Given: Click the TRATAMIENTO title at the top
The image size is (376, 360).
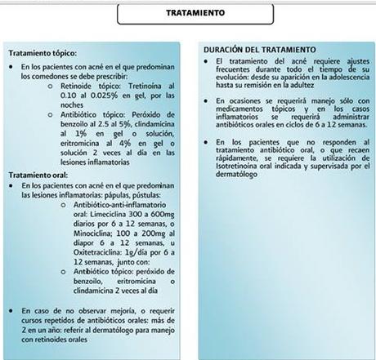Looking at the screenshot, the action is (x=189, y=13).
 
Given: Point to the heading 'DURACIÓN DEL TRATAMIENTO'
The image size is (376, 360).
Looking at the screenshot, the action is (x=260, y=50).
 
